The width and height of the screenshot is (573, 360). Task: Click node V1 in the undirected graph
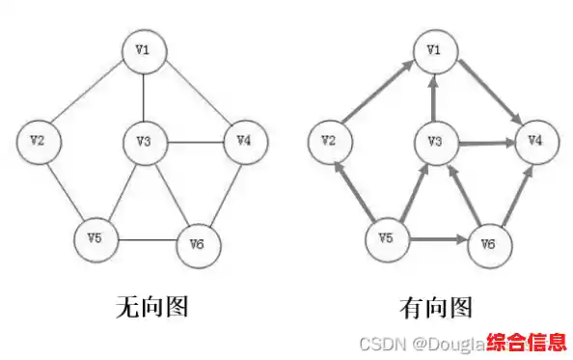tap(143, 50)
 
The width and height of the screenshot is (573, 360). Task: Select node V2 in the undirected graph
tap(39, 141)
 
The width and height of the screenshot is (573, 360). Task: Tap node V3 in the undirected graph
tap(144, 142)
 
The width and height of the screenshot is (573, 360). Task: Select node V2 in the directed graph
tap(329, 143)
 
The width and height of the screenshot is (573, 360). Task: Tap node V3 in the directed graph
tap(434, 143)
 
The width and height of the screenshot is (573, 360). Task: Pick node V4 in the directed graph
tap(533, 141)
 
